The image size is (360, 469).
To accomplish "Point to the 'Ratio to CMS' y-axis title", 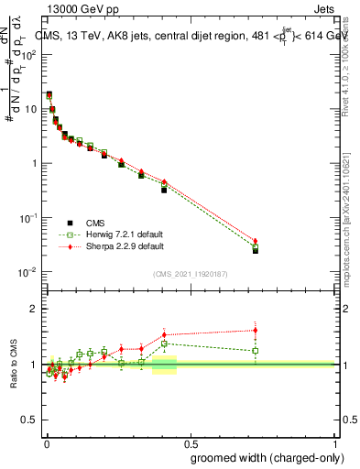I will tap(14, 365).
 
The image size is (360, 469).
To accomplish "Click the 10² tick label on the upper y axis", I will tap(29, 54).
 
